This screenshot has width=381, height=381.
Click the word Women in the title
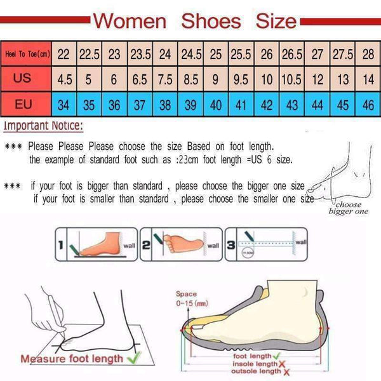pyautogui.click(x=131, y=21)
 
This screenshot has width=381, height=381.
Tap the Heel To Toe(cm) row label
pyautogui.click(x=26, y=55)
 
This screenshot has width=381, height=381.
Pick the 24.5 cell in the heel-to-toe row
pyautogui.click(x=190, y=55)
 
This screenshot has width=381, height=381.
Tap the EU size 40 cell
pyautogui.click(x=216, y=105)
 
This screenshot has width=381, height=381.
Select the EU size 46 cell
pyautogui.click(x=368, y=105)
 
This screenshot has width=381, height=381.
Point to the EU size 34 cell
pyautogui.click(x=63, y=105)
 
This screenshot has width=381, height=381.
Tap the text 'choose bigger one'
pyautogui.click(x=348, y=208)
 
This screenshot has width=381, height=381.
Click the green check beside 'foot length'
pyautogui.click(x=276, y=356)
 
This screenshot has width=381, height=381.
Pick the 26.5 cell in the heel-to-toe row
pyautogui.click(x=291, y=55)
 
